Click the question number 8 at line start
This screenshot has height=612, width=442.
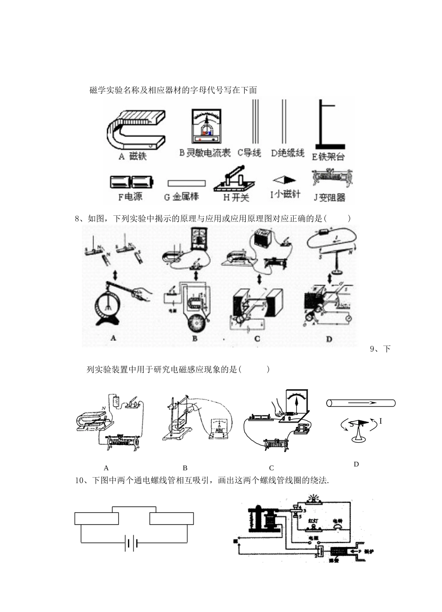[x=77, y=218]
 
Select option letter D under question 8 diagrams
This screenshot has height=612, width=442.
[x=329, y=339]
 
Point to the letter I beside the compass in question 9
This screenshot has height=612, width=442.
[x=381, y=421]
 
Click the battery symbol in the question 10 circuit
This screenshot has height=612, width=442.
[x=131, y=543]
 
